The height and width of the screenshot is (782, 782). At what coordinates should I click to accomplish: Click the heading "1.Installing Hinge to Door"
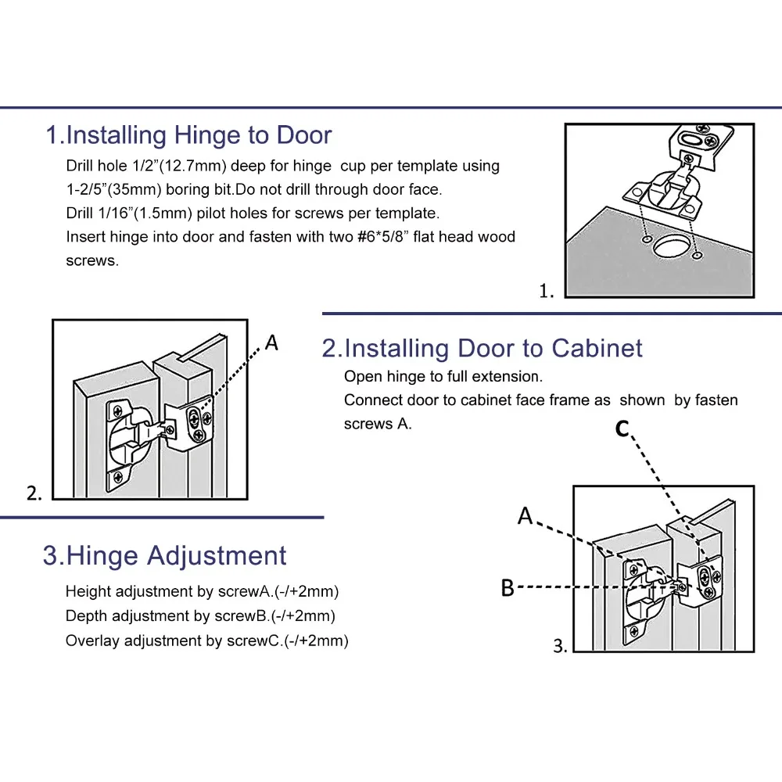coord(188,135)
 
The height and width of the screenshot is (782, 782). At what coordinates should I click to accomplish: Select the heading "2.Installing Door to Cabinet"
coord(482,348)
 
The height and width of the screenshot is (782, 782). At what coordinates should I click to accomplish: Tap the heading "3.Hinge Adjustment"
coord(165,556)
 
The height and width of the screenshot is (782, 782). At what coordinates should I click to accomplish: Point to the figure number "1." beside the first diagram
coord(547,292)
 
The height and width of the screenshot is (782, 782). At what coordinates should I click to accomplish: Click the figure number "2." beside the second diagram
coord(34,493)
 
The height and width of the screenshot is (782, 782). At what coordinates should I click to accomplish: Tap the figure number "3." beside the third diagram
coord(561,646)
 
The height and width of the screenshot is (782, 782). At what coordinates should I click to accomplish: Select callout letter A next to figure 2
coord(271,343)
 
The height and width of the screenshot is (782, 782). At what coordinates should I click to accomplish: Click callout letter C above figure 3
coord(622,429)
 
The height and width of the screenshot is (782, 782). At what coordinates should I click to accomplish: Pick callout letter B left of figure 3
coord(508,587)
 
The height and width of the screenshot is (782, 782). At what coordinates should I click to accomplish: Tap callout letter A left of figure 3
coord(526,515)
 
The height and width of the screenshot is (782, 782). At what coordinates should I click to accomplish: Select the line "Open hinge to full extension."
coord(443,376)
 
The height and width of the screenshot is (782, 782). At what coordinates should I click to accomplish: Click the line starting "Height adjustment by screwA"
coord(202,591)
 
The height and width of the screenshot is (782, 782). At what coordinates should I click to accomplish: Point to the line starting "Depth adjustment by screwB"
coord(200,616)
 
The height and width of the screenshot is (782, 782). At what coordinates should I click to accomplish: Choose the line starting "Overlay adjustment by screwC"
coord(206,641)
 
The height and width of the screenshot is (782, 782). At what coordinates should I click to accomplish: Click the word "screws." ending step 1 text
coord(92,261)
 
